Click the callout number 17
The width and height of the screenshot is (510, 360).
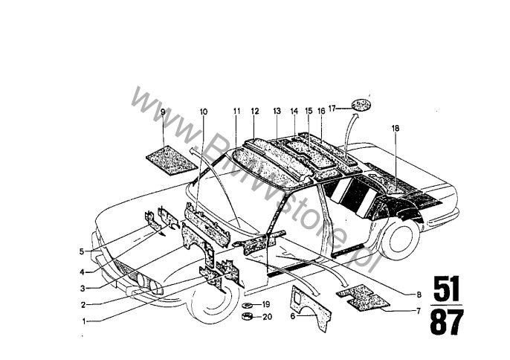click(332, 109)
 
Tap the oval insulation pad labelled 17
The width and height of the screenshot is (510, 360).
click(361, 105)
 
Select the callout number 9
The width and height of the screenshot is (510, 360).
click(163, 112)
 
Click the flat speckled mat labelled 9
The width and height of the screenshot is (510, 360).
click(172, 160)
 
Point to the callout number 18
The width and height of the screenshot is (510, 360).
click(396, 128)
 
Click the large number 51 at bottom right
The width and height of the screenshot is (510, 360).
click(446, 289)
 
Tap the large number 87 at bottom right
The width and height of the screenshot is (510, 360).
click(447, 322)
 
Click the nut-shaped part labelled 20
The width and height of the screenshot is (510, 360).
click(248, 316)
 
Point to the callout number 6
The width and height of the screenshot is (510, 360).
click(293, 316)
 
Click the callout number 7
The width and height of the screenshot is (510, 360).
click(419, 311)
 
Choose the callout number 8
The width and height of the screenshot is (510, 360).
click(419, 295)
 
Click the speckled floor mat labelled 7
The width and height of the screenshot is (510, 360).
click(362, 298)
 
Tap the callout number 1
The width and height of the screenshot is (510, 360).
click(84, 321)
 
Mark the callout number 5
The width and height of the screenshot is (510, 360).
click(82, 251)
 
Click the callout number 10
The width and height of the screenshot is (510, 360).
click(203, 112)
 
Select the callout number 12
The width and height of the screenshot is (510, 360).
click(255, 111)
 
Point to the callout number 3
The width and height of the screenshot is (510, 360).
click(83, 289)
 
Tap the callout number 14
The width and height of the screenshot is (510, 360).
click(294, 111)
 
